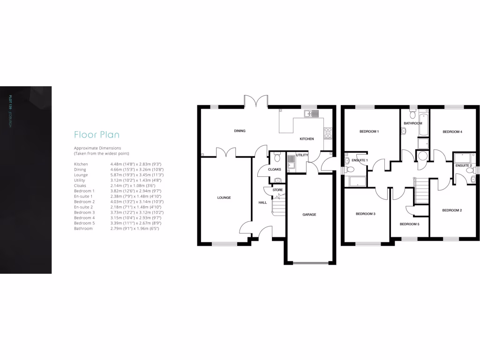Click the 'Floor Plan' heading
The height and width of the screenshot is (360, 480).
pos(97,135)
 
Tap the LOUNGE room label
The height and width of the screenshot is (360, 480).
pos(224,198)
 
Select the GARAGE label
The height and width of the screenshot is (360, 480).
pos(309,215)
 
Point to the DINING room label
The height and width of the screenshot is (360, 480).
pos(240,131)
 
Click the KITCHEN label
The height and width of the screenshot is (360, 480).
pos(307,139)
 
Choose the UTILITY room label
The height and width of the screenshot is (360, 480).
pos(302,155)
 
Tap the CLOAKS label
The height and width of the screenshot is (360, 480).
pos(274,169)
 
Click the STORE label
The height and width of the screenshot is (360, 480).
pos(277,190)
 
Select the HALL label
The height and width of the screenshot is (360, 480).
pos(262,202)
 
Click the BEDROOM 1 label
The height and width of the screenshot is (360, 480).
pos(369,132)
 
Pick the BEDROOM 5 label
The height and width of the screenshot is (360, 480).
pos(409,224)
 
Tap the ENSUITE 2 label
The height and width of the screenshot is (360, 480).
pos(463,165)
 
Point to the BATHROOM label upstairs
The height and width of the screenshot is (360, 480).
pos(413,123)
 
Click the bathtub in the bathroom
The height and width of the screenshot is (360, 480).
pos(424,124)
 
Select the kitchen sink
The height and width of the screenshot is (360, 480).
pos(310,113)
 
